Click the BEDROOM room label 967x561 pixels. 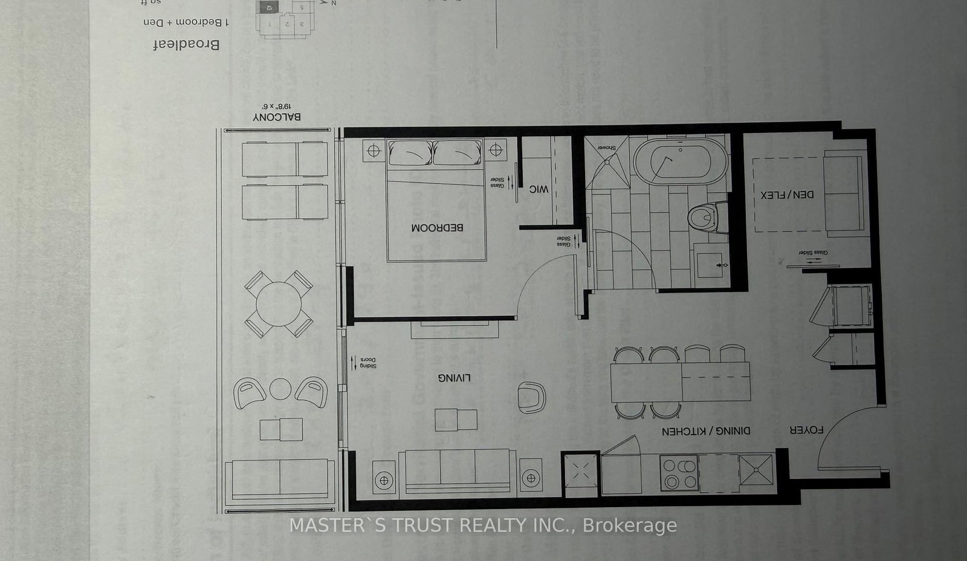click(437, 228)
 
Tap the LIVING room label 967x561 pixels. click(454, 378)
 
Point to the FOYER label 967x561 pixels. click(806, 430)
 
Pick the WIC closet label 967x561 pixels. click(538, 189)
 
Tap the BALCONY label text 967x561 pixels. click(277, 117)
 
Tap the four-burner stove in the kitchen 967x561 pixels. click(679, 473)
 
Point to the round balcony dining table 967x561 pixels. click(279, 304)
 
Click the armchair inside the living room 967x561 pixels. click(531, 397)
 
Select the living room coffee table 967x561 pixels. click(456, 420)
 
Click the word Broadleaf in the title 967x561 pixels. click(186, 44)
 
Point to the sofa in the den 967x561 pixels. click(842, 194)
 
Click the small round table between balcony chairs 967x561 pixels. click(280, 389)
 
